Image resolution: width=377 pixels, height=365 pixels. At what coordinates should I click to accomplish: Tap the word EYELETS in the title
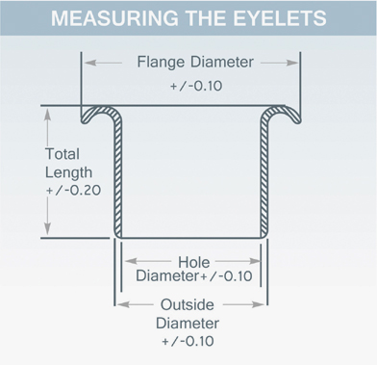[280, 18]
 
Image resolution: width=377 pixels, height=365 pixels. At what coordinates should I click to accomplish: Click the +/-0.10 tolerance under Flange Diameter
[196, 86]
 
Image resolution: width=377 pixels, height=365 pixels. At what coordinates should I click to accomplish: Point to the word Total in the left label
[63, 154]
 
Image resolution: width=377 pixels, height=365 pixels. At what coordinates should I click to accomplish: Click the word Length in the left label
[68, 172]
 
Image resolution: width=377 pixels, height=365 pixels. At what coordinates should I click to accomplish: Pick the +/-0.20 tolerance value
[73, 191]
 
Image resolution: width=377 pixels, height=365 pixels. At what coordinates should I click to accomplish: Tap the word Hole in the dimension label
[194, 262]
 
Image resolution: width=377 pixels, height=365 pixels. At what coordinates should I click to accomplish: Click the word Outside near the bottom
[188, 304]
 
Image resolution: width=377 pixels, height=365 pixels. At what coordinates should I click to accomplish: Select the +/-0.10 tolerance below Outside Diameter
[188, 341]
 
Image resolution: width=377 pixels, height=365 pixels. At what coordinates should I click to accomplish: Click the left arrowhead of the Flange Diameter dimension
[90, 63]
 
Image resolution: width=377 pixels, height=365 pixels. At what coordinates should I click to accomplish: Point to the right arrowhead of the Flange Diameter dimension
[291, 63]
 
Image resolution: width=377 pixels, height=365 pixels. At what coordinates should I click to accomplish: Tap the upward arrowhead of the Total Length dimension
[47, 115]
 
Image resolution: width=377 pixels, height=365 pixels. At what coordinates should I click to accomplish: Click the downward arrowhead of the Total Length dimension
[47, 228]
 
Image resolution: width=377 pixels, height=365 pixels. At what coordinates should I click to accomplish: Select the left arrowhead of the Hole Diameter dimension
[131, 261]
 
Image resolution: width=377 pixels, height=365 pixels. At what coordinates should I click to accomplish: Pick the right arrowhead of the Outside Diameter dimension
[258, 304]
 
